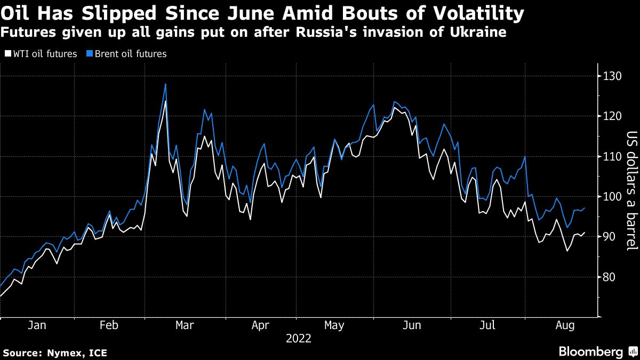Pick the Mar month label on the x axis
[185, 325]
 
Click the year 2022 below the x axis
[298, 338]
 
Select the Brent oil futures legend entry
[130, 54]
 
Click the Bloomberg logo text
[590, 351]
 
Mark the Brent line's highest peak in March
[165, 84]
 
